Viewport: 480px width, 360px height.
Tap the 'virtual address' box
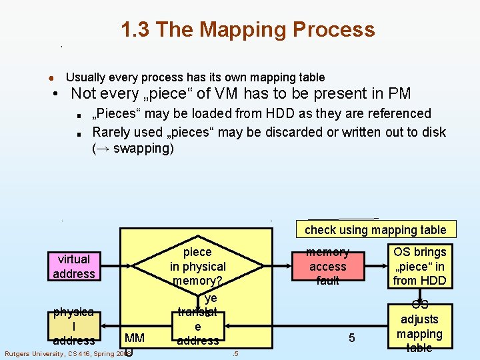click(x=74, y=266)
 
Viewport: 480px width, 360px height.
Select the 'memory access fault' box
click(x=327, y=266)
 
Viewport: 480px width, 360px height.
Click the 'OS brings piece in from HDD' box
click(x=420, y=266)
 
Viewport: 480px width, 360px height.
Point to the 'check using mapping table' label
click(x=375, y=230)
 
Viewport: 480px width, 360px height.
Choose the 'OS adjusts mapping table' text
click(x=420, y=327)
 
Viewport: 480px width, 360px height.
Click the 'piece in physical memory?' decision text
click(x=198, y=266)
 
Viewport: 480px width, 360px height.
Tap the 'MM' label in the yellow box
click(x=134, y=338)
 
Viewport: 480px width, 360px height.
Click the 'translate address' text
click(x=198, y=327)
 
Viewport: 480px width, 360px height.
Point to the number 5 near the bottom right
click(x=351, y=338)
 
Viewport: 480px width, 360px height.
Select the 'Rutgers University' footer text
click(x=40, y=353)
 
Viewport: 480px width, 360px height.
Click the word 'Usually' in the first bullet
click(x=85, y=78)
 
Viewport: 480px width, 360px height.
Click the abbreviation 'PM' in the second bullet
click(x=399, y=94)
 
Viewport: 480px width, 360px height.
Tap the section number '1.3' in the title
click(x=137, y=30)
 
